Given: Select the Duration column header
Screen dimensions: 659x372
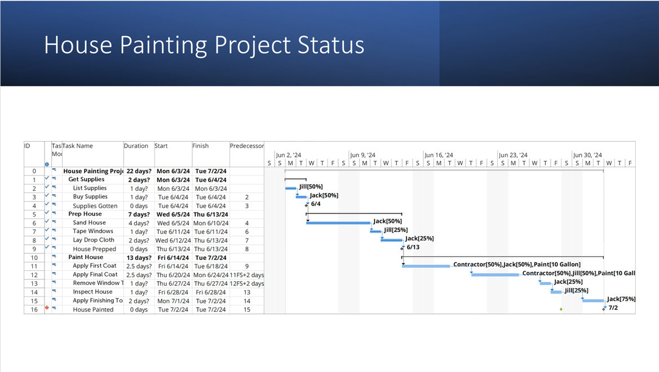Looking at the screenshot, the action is point(136,146).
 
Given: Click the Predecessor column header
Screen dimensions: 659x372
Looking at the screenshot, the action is point(247,146).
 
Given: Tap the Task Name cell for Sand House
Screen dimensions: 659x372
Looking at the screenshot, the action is point(89,222).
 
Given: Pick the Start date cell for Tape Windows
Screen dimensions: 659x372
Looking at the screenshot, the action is point(173,231).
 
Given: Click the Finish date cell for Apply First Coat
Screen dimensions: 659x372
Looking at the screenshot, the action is point(211,266).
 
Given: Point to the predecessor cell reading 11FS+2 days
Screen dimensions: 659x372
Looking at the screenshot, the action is point(247,275).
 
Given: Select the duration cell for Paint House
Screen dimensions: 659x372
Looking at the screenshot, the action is point(139,257).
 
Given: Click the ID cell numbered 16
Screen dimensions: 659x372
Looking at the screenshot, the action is point(34,309).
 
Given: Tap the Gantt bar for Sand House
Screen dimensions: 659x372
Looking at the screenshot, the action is point(338,222).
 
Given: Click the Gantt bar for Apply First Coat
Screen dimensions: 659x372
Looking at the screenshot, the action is point(426,266).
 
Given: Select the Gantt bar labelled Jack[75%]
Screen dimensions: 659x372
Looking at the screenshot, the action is point(593,300).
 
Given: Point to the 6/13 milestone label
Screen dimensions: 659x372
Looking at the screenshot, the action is point(413,247).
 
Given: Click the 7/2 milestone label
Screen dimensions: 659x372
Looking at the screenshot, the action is point(613,308).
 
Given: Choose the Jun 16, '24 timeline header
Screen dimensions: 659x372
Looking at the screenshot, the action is point(439,155).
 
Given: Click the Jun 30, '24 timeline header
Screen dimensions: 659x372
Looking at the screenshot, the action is point(587,155).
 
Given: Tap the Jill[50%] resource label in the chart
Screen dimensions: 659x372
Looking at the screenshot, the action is point(311,186).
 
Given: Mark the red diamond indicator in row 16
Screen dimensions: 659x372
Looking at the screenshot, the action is point(47,308).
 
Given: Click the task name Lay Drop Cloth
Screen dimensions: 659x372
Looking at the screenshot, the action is point(94,240).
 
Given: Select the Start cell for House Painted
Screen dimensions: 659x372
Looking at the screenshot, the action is point(173,309).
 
